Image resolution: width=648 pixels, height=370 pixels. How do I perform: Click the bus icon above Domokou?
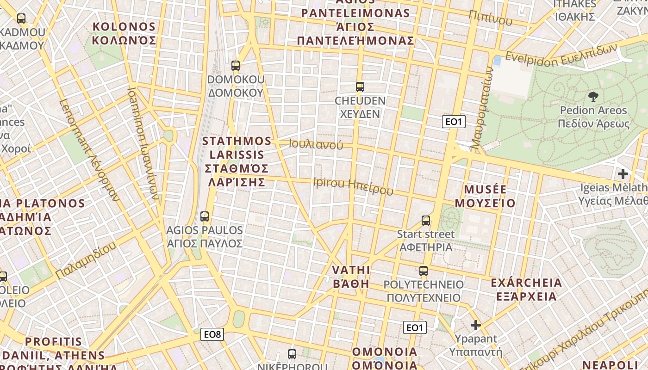coord(236,66)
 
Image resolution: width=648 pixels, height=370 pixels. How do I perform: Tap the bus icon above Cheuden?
coord(360,86)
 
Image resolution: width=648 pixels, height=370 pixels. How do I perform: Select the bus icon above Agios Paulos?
coord(204,216)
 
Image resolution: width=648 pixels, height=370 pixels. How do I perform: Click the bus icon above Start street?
coord(426,221)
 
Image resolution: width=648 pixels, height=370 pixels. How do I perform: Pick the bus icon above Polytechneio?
coord(424,271)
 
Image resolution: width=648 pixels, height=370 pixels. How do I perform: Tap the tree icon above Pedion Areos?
coord(593,96)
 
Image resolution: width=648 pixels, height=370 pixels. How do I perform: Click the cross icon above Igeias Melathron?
coord(623,174)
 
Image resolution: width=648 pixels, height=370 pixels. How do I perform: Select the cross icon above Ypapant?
coord(475,325)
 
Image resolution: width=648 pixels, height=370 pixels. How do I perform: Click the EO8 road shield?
coord(212,334)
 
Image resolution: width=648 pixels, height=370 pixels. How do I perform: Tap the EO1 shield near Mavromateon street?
coord(454,122)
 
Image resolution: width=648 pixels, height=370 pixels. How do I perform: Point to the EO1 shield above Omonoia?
coord(414,327)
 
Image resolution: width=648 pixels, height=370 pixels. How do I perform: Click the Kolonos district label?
coord(124,33)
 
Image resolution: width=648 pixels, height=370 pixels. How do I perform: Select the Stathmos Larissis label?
coord(237,161)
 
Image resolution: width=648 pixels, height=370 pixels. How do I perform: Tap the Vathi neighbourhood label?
coord(351,277)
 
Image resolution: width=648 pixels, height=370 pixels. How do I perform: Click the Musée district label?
coord(485,196)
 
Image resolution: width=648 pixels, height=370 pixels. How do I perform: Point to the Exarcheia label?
coord(526,289)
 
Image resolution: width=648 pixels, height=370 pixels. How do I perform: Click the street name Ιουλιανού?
coord(316,144)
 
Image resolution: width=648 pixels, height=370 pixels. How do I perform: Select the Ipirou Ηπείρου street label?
coord(353,185)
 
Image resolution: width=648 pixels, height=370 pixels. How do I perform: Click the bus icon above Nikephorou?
coord(292,354)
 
